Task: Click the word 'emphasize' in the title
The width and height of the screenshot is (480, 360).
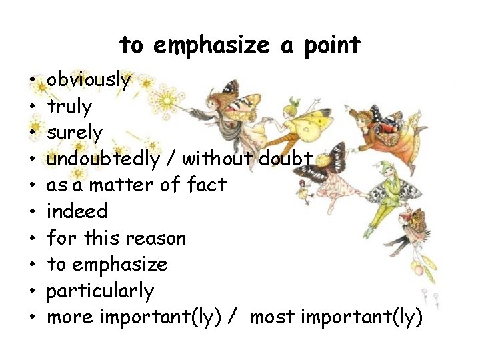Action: pyautogui.click(x=211, y=45)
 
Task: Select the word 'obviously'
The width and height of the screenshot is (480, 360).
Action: pyautogui.click(x=89, y=80)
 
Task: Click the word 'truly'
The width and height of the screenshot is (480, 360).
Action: pyautogui.click(x=69, y=106)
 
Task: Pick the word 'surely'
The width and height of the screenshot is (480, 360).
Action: pyautogui.click(x=75, y=133)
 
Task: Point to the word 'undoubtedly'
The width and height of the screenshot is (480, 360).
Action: pyautogui.click(x=103, y=159)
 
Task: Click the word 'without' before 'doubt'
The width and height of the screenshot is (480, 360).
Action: pyautogui.click(x=217, y=159)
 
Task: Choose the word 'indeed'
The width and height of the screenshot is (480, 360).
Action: pyautogui.click(x=77, y=211)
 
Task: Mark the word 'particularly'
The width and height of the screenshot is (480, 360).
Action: pyautogui.click(x=101, y=291)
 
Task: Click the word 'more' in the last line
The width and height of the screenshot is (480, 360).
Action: pyautogui.click(x=70, y=318)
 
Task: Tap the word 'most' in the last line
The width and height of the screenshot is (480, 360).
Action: pyautogui.click(x=273, y=318)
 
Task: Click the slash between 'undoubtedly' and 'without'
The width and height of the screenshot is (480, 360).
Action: pyautogui.click(x=171, y=159)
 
